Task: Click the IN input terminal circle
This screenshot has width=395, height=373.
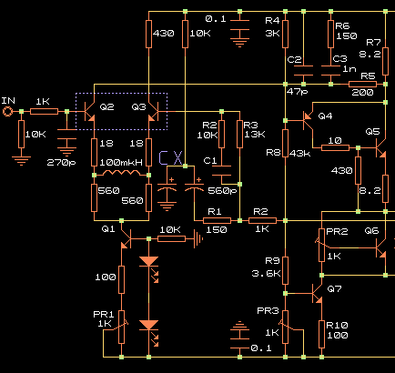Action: click(x=7, y=112)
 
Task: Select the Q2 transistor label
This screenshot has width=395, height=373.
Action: click(x=106, y=106)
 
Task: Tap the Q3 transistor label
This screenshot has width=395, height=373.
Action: click(x=138, y=106)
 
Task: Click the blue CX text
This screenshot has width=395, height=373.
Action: click(x=171, y=158)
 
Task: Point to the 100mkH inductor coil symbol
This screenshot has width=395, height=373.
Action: click(x=121, y=173)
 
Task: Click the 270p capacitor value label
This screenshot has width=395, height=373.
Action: click(x=61, y=163)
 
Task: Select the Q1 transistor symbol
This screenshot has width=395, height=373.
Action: click(x=127, y=239)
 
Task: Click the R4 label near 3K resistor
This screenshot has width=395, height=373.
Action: click(x=272, y=21)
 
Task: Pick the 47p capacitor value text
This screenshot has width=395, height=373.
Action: click(x=297, y=92)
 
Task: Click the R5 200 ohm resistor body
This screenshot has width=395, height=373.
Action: click(x=362, y=85)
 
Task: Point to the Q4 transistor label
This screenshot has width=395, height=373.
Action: click(x=325, y=116)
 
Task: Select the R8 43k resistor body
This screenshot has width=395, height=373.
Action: click(x=285, y=143)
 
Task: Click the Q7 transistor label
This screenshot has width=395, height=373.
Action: click(x=334, y=288)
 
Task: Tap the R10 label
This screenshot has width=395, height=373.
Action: click(x=337, y=326)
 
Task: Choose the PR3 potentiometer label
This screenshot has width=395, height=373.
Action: click(x=268, y=311)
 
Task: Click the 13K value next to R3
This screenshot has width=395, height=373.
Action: click(x=255, y=135)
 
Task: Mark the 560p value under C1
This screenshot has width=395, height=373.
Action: click(x=222, y=191)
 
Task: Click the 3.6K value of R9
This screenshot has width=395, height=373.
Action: click(x=266, y=274)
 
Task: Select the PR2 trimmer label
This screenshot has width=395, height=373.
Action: click(x=337, y=232)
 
